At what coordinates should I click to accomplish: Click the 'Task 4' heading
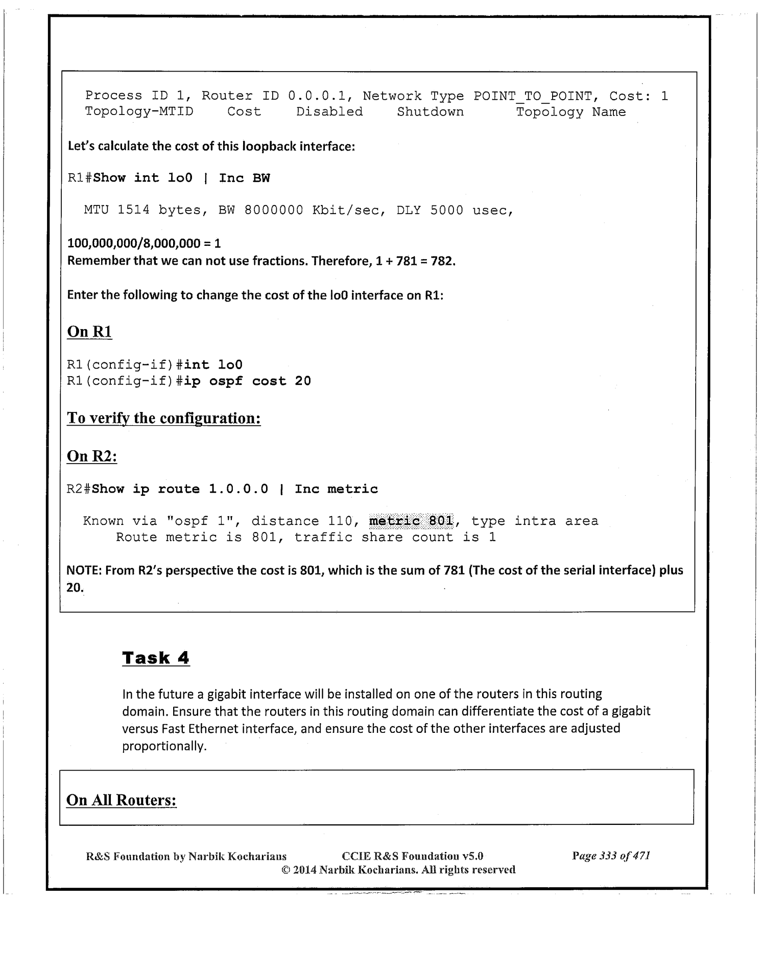(156, 658)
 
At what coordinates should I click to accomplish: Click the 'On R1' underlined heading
(89, 332)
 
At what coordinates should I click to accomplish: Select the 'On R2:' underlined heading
(92, 456)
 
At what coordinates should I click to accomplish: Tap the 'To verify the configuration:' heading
(164, 418)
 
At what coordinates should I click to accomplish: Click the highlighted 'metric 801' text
(411, 521)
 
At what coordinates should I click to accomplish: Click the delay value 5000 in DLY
(446, 210)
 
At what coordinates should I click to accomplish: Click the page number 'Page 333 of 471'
(611, 856)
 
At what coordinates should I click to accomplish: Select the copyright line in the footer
(398, 869)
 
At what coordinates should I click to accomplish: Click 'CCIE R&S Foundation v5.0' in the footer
(412, 856)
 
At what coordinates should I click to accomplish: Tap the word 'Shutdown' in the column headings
(431, 112)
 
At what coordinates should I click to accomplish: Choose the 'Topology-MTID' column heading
(139, 112)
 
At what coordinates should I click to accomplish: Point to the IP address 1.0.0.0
(238, 489)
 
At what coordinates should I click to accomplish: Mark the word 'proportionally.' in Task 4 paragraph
(164, 746)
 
